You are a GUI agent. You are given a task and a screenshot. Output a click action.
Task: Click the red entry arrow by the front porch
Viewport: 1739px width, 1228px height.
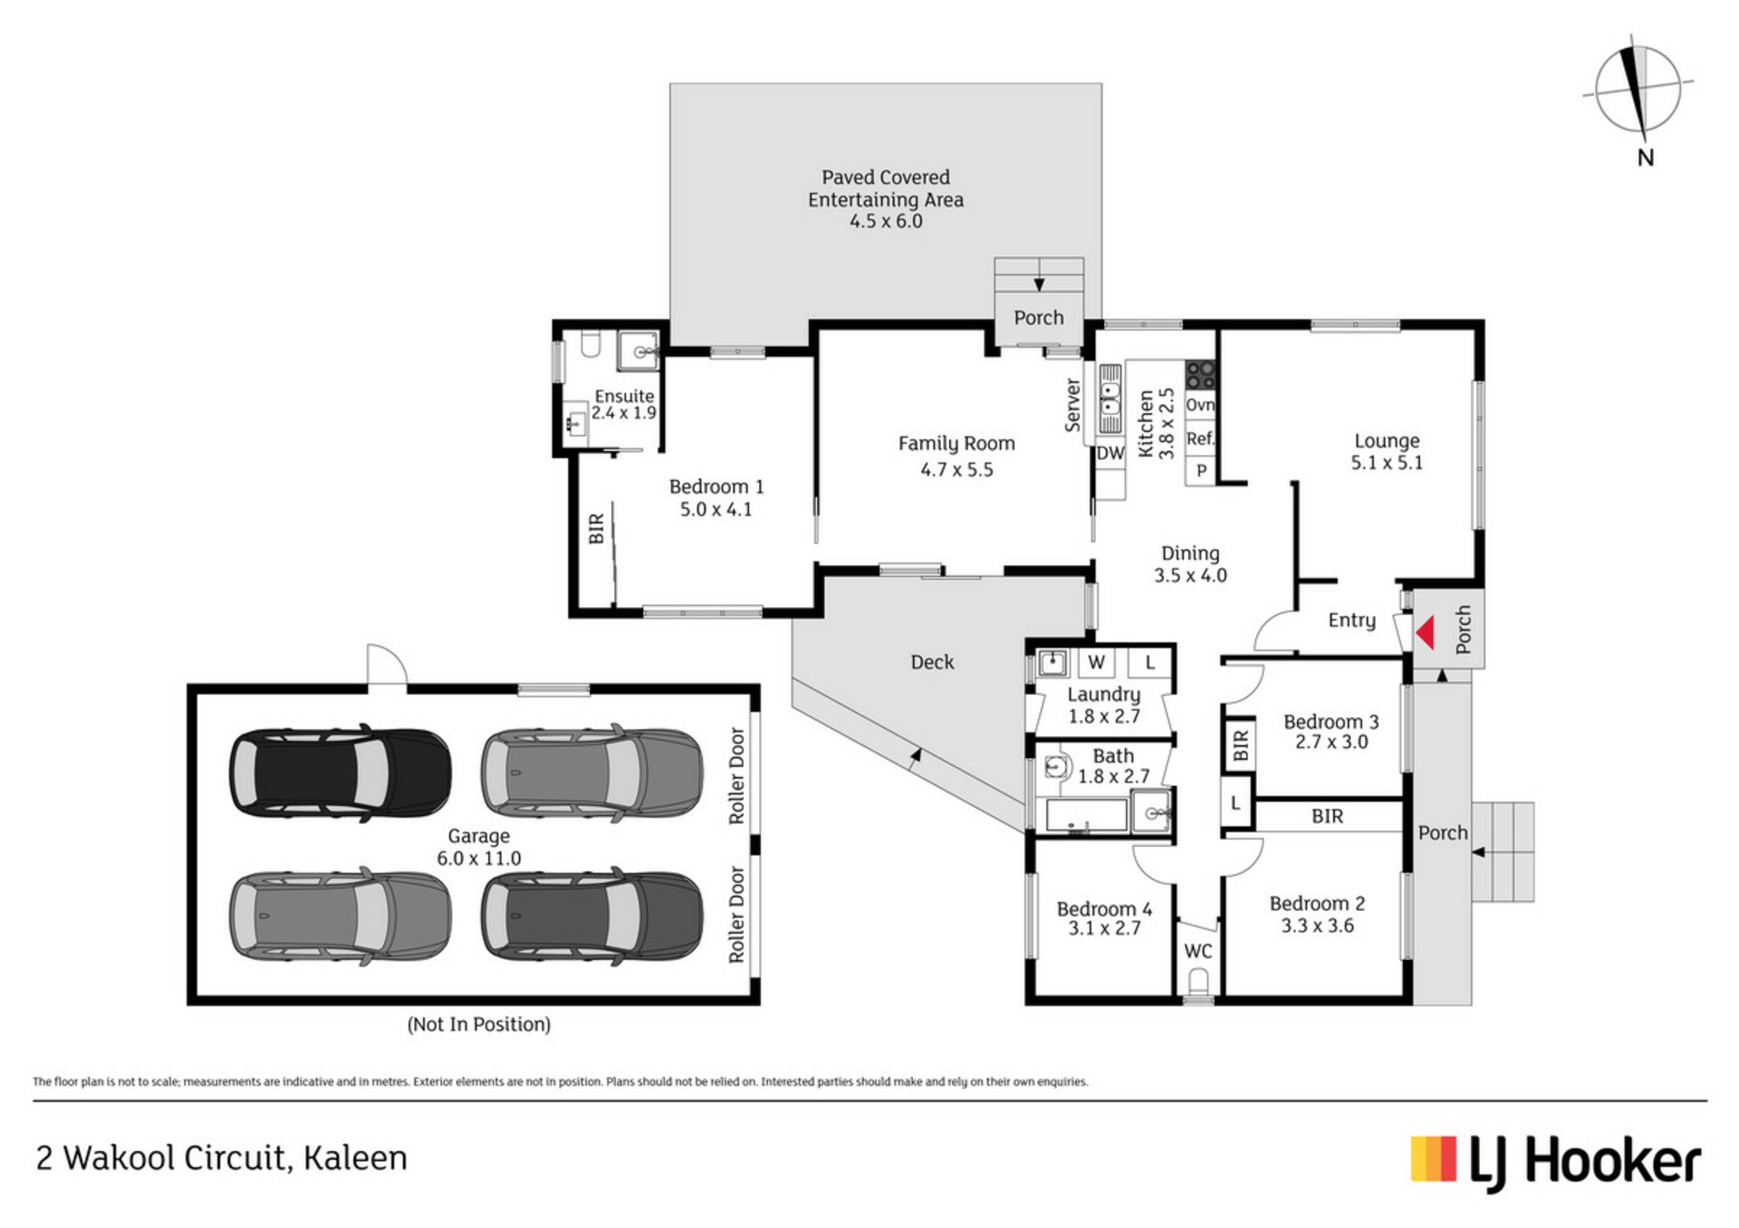coord(1426,633)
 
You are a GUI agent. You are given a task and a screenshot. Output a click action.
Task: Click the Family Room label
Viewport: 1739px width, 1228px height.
coord(956,444)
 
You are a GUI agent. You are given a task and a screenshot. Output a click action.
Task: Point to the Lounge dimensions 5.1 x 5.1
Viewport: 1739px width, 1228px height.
coord(1387,463)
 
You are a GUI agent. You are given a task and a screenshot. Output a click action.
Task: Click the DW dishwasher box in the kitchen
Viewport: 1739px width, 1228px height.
coord(1110,454)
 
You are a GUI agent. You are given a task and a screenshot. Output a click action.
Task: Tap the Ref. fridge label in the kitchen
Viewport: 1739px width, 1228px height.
coord(1200,439)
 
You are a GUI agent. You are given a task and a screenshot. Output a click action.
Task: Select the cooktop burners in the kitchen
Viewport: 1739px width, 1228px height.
coord(1200,374)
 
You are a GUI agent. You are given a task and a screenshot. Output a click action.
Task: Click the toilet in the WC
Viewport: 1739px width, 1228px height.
coord(1198,982)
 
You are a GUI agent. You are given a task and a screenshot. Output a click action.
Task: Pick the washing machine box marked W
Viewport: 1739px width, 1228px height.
coord(1096,662)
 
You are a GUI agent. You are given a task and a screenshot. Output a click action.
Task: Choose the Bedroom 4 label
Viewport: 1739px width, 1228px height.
coord(1104,908)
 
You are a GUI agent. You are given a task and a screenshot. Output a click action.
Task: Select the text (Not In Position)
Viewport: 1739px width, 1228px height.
coord(478,1024)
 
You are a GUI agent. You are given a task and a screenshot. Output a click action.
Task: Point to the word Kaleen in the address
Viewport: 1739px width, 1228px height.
coord(355,1158)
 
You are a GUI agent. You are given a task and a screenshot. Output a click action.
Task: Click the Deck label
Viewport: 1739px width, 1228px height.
coord(932,662)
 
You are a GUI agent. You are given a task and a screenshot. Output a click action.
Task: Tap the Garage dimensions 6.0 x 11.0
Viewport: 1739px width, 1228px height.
coord(478,859)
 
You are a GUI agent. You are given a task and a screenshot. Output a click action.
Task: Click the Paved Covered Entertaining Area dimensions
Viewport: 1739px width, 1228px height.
coord(886,221)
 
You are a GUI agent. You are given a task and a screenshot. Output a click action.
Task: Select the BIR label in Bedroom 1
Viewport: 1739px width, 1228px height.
coord(596,529)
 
